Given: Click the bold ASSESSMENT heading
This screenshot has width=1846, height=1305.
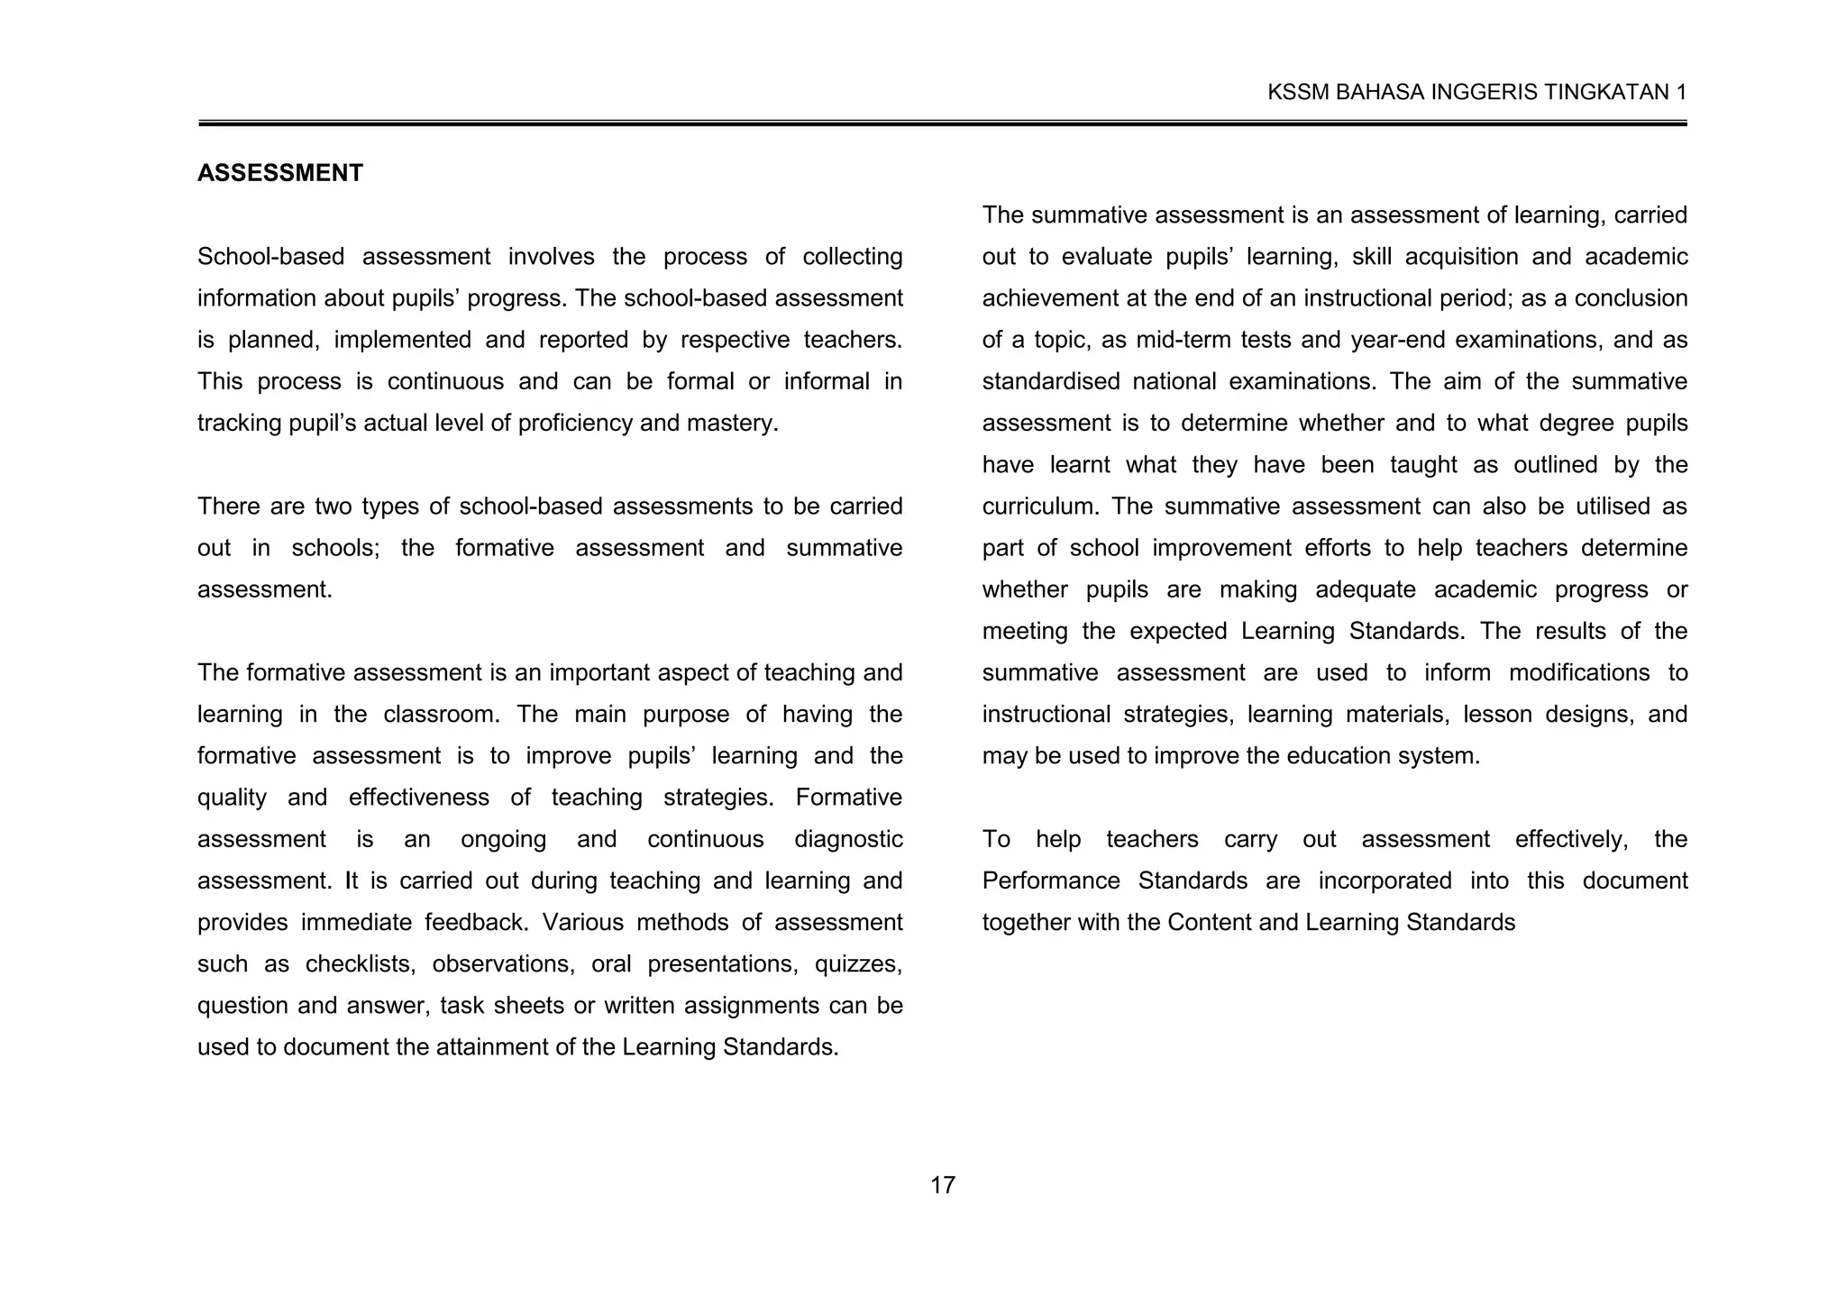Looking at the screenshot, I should (279, 173).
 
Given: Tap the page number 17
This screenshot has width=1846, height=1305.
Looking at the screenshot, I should (942, 1185).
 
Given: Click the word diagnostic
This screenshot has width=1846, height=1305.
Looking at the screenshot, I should (848, 839).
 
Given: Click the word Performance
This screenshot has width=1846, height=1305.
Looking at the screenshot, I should (1051, 881).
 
